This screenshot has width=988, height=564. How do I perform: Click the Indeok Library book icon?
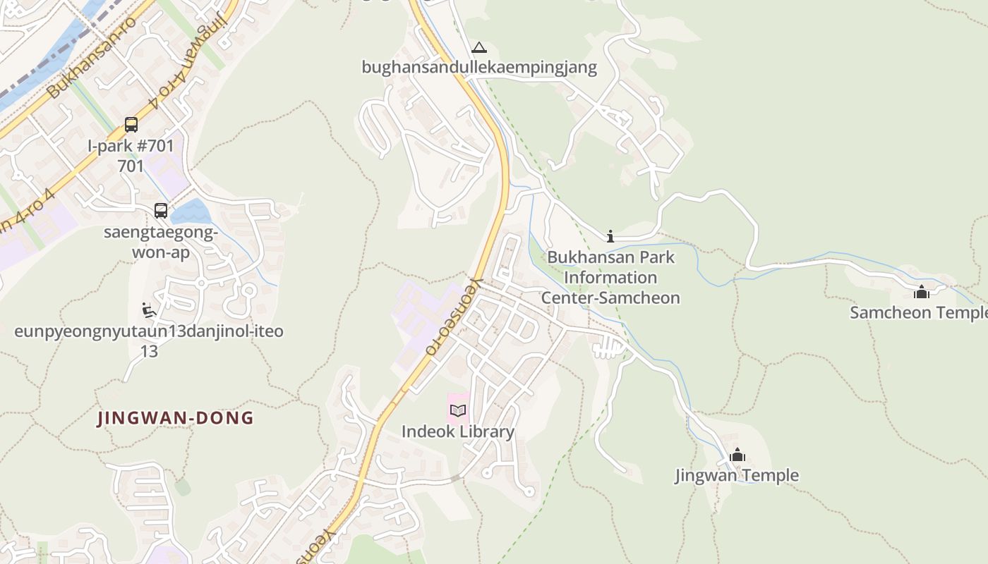pos(457,410)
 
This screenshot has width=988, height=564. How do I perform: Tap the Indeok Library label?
pos(458,431)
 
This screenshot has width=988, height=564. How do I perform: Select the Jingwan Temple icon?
pos(737,455)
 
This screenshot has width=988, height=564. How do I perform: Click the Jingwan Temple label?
pos(737,475)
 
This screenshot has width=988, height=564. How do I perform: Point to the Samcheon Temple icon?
pos(921,291)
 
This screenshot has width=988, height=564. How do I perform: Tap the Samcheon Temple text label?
pos(918,312)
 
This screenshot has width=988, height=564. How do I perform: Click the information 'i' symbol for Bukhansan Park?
pos(610,236)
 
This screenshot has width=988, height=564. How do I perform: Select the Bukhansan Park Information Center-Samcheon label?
pos(610,277)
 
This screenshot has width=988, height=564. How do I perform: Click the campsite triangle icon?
pos(479,48)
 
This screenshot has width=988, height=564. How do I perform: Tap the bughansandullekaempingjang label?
pos(479,68)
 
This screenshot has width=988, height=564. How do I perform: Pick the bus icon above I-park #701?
pos(131,125)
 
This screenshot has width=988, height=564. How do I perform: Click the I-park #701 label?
pos(131,147)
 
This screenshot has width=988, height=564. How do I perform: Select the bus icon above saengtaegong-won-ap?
pos(161,210)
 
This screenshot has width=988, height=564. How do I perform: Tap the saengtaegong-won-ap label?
pos(161,242)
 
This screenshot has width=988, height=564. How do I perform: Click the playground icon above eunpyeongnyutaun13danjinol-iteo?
pos(149,310)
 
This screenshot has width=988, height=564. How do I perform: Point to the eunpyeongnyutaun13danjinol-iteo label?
pos(149,331)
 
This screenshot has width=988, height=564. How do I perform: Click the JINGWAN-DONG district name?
pos(176,418)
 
